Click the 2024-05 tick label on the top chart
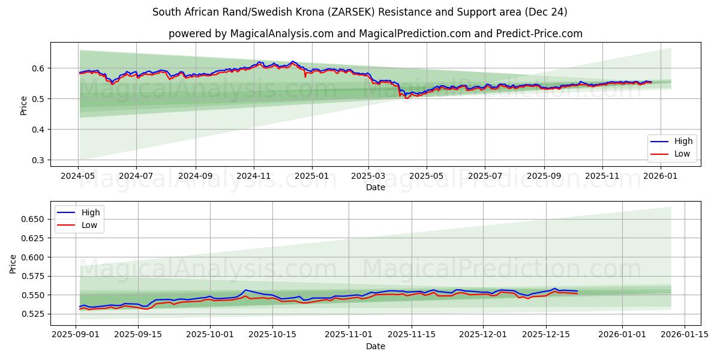point(78,176)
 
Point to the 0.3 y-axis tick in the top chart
point(38,160)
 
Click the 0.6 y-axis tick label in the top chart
point(38,68)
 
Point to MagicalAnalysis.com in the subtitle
point(281,34)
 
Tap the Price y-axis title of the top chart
point(23,105)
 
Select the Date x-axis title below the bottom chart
point(376,346)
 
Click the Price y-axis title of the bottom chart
point(13,263)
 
